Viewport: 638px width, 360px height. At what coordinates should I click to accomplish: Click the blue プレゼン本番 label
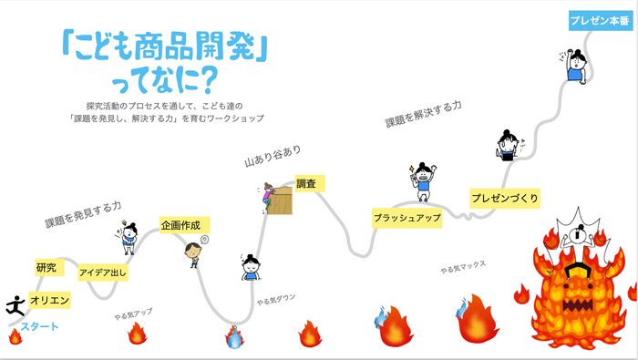596,19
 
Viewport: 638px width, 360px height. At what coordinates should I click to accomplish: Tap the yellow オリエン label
50,299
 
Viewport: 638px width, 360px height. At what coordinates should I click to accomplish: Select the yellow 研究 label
46,268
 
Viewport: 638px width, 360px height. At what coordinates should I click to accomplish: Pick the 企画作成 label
185,225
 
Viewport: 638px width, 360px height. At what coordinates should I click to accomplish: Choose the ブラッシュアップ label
406,219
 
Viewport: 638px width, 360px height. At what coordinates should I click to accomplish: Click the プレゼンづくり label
504,198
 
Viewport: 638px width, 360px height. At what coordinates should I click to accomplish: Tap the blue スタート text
39,327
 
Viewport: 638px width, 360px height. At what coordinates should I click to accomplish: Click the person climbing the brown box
267,194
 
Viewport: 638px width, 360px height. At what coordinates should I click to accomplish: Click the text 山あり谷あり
272,156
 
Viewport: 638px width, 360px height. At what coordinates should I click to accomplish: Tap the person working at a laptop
509,144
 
